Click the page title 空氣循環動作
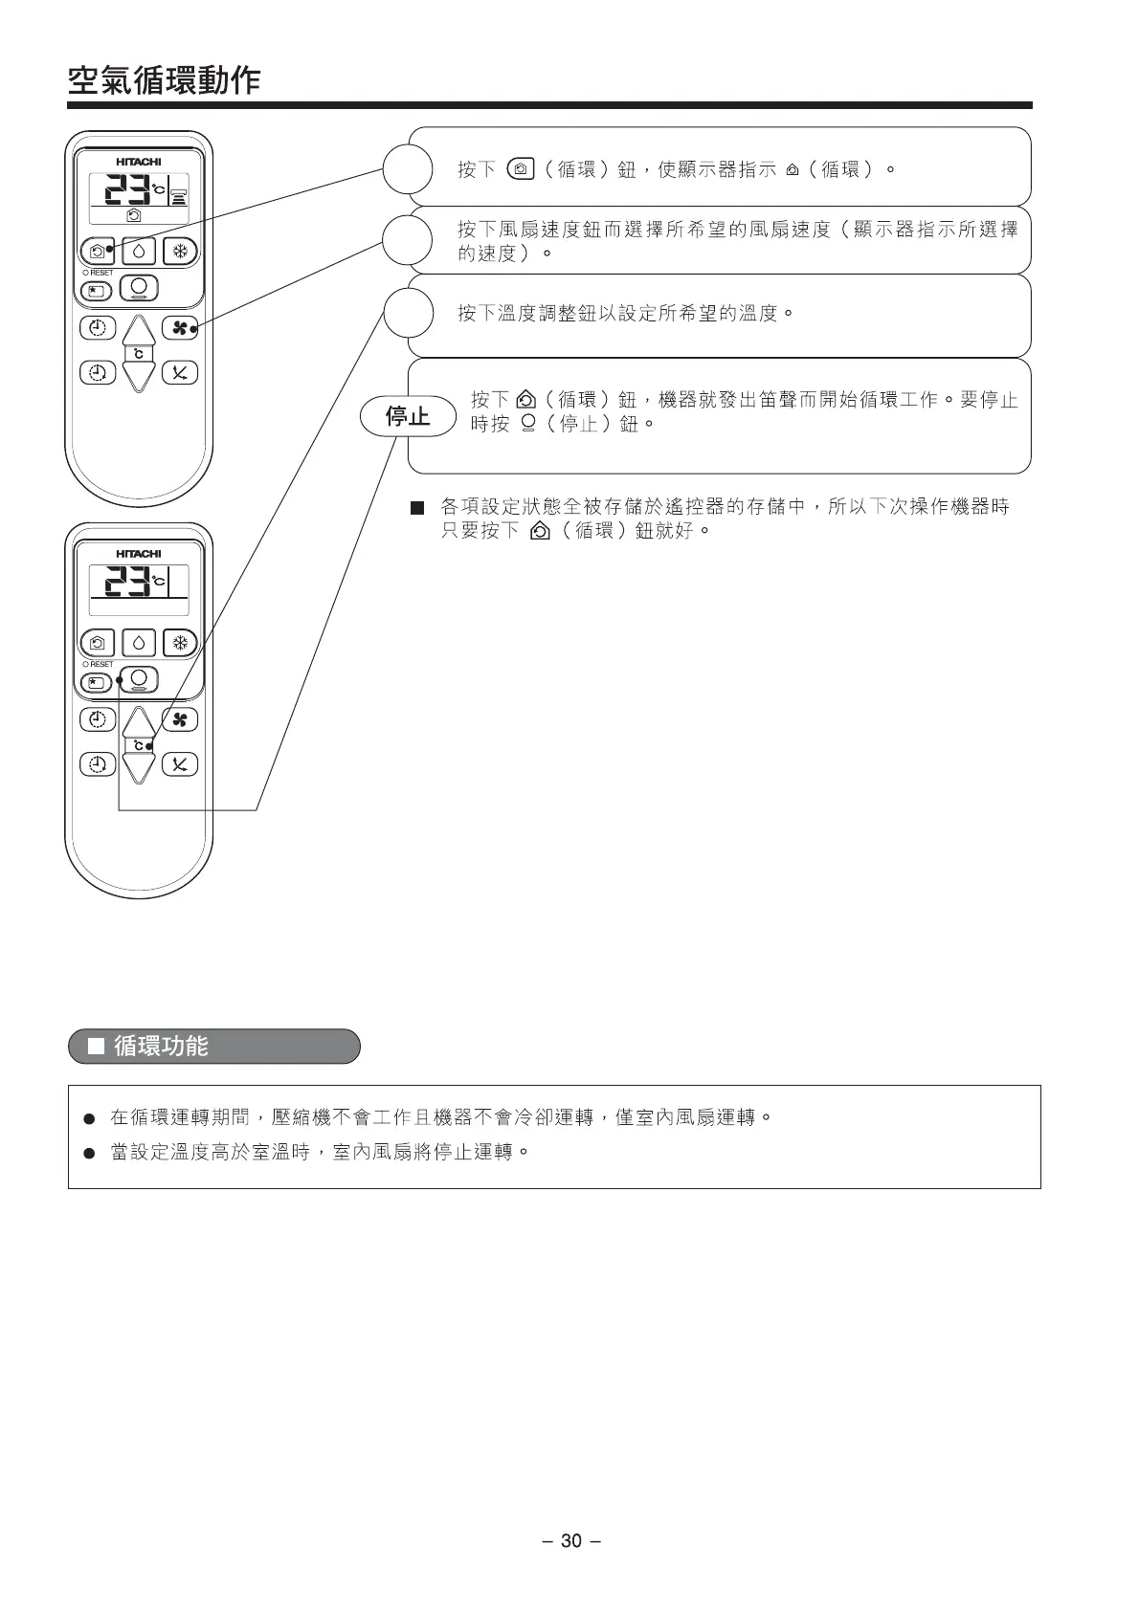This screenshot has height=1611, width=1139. (164, 80)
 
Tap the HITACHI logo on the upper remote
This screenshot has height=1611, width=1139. (139, 162)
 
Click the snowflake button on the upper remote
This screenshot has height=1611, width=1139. (179, 252)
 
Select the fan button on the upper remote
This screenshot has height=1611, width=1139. (180, 328)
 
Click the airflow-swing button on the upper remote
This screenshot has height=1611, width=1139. (180, 372)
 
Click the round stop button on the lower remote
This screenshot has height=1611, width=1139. (139, 678)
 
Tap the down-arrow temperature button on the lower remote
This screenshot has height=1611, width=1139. (140, 767)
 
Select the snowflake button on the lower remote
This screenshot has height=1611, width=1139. (179, 643)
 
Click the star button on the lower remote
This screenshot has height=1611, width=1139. (96, 683)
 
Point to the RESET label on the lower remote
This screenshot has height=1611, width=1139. (101, 664)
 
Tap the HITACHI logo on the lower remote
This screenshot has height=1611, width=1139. (139, 554)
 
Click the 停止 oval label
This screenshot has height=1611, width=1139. (408, 417)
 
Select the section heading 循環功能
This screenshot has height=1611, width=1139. (161, 1046)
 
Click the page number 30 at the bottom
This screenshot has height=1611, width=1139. (570, 1541)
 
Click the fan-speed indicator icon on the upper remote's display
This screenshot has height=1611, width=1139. (179, 189)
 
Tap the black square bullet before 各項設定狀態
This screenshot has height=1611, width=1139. (416, 508)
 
